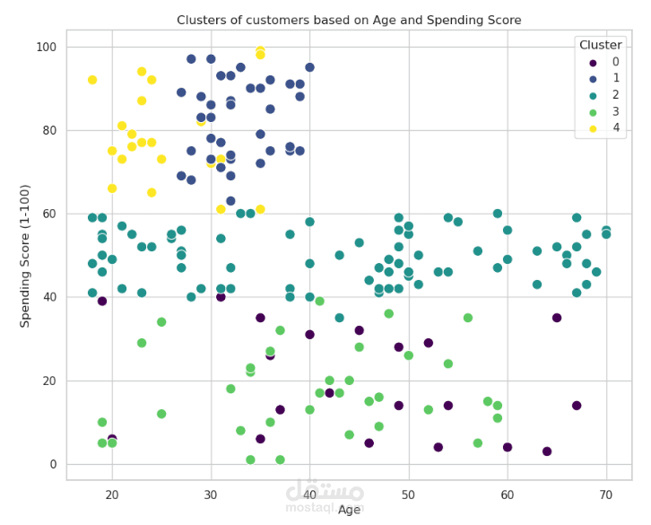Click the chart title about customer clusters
[x=349, y=20]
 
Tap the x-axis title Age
[x=349, y=510]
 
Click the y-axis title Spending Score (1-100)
[x=25, y=256]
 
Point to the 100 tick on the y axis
[x=48, y=47]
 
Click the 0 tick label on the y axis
[x=54, y=464]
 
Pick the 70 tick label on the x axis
[x=605, y=494]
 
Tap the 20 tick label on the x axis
[x=112, y=494]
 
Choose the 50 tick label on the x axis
[x=408, y=494]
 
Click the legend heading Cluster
[x=601, y=45]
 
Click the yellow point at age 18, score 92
[x=92, y=80]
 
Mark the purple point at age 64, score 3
[x=547, y=451]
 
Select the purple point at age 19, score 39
[x=102, y=302]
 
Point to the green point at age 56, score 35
[x=468, y=318]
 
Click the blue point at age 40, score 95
[x=309, y=67]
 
